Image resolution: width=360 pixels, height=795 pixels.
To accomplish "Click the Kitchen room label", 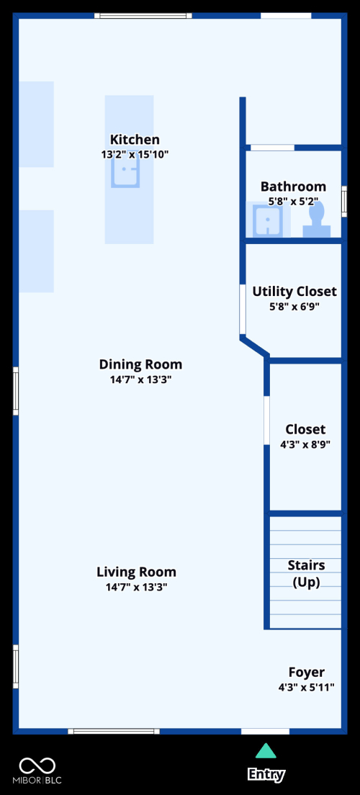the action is coord(135,140).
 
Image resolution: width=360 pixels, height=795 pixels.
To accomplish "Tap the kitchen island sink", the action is coord(125,171).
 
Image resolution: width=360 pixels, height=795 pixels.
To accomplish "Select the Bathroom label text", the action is coord(293,186).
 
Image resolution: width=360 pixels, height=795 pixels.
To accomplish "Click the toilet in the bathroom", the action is coord(317,219).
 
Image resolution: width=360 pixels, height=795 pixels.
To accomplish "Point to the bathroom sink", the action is coord(269,220).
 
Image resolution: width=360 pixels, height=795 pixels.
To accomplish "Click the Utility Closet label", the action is coord(294,292).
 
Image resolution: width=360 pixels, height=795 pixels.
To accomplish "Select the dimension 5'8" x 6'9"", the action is coord(294,306).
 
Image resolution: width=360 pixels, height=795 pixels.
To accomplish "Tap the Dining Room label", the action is coord(140,364).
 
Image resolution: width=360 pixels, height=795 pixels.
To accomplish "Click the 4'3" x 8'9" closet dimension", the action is coord(305,444).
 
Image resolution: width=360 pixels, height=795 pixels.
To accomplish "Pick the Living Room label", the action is coord(136,572).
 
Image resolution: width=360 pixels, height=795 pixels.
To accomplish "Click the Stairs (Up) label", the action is coord(306,573).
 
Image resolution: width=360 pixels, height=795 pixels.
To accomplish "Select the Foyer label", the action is coord(307,673).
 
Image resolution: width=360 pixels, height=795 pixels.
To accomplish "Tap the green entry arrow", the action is coord(266,751).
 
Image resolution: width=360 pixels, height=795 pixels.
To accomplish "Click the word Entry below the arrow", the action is coord(266,774).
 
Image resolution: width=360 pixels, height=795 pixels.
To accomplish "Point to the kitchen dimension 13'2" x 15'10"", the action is coord(135,154).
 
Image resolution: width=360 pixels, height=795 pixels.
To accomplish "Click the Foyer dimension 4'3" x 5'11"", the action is coord(307,688).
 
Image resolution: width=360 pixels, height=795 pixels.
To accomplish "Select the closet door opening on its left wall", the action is coord(266,421).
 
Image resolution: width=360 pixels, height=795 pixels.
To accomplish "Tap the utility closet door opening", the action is coord(243,309).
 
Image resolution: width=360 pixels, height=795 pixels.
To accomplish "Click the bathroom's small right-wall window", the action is coord(344,202).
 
